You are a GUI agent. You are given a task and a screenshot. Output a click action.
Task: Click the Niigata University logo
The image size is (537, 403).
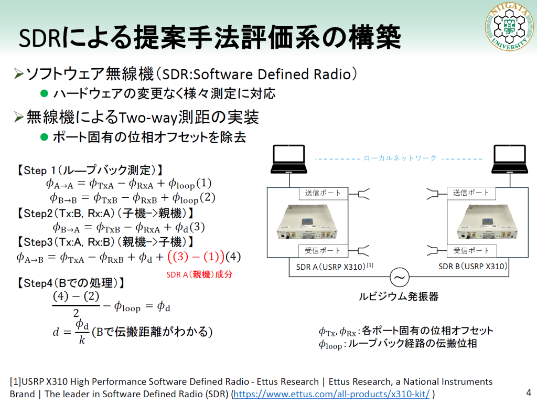click(x=507, y=27)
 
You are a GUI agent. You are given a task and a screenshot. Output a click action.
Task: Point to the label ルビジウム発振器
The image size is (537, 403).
click(x=399, y=296)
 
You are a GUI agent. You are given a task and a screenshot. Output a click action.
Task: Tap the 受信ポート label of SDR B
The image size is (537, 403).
click(x=471, y=250)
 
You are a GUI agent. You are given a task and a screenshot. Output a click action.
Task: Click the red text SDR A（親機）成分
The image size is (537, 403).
click(x=199, y=274)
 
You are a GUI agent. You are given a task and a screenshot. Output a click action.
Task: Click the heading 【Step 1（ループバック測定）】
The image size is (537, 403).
click(x=89, y=171)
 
